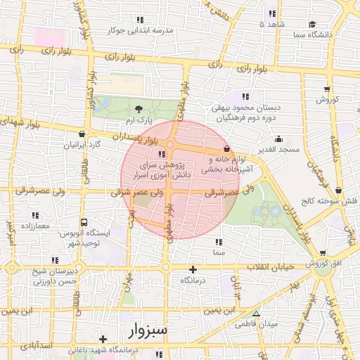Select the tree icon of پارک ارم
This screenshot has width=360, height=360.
139,109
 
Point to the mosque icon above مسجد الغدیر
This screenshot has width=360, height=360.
279,139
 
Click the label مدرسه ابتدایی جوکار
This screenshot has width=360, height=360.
139,31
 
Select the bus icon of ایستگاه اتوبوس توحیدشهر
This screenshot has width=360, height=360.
84,221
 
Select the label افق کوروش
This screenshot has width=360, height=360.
323,264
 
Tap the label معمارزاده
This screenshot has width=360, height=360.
34,226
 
